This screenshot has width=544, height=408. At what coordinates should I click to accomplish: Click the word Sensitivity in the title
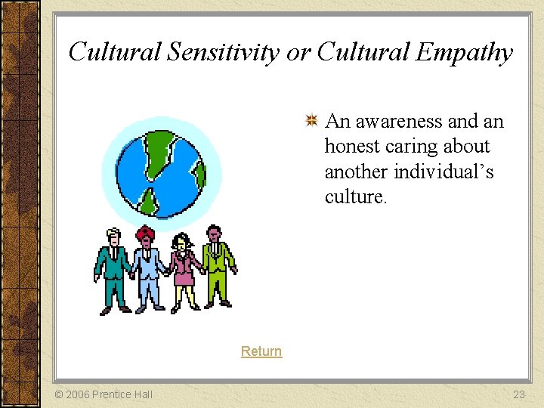click(x=223, y=52)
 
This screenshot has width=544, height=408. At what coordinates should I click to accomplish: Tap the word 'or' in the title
click(x=298, y=52)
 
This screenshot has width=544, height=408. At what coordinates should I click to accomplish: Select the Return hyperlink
click(x=261, y=351)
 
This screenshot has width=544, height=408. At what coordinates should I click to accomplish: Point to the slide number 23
click(x=518, y=394)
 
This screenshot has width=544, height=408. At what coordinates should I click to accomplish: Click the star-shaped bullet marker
click(x=311, y=121)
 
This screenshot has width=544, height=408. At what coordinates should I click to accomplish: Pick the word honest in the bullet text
click(x=353, y=147)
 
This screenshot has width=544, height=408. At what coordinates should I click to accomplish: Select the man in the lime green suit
click(x=217, y=264)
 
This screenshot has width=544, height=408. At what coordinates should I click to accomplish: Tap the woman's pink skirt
click(x=184, y=277)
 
